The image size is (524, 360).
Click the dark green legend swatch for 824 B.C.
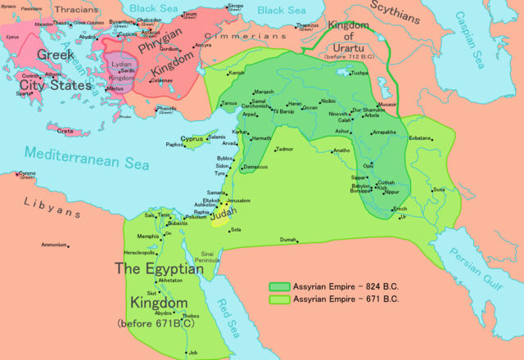coord(281,287)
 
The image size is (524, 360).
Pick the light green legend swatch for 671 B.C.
coord(281,299)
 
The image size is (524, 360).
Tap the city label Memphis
coord(148,236)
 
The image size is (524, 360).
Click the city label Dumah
coord(287,239)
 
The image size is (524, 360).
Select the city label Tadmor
coord(284,149)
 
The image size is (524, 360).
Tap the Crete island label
coord(65,130)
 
